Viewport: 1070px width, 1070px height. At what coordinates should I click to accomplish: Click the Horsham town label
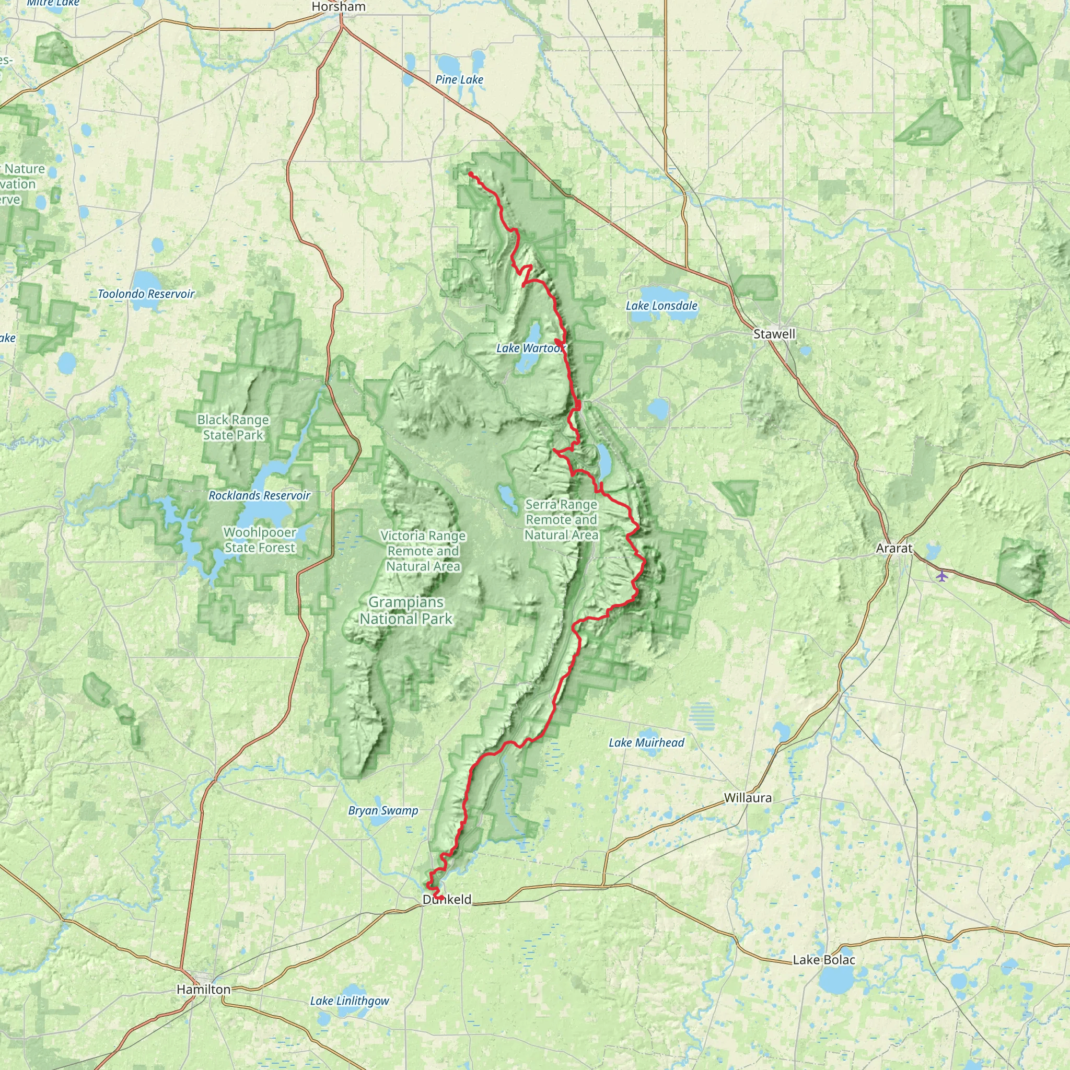coord(339,7)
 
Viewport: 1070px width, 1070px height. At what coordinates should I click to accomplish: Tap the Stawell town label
coord(774,334)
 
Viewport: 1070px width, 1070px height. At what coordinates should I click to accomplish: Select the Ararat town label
coord(894,548)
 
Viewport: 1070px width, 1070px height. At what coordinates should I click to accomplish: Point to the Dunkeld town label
coord(447,900)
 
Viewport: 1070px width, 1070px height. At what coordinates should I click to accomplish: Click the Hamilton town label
coord(203,989)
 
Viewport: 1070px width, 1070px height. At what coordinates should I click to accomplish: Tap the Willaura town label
coord(748,797)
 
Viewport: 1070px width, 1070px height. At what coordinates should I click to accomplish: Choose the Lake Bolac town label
coord(824,960)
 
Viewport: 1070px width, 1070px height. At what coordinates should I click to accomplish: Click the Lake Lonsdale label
coord(661,306)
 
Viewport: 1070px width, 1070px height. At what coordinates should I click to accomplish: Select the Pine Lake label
coord(459,80)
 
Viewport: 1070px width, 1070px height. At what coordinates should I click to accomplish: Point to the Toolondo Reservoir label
coord(146,294)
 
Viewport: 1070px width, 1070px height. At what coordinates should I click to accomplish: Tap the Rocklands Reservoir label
coord(259,496)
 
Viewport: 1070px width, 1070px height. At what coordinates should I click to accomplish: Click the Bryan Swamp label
coord(383,811)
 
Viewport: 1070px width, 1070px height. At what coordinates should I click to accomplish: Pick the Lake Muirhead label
coord(646,743)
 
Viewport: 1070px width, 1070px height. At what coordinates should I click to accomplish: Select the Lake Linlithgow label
coord(350,1001)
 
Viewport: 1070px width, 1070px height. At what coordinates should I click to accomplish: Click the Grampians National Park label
coord(406,610)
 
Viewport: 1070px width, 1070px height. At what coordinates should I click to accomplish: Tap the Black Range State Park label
coord(232,427)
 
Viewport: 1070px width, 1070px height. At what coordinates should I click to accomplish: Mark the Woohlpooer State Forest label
coord(260,540)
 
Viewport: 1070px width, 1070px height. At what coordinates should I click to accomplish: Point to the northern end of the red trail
coord(470,174)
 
